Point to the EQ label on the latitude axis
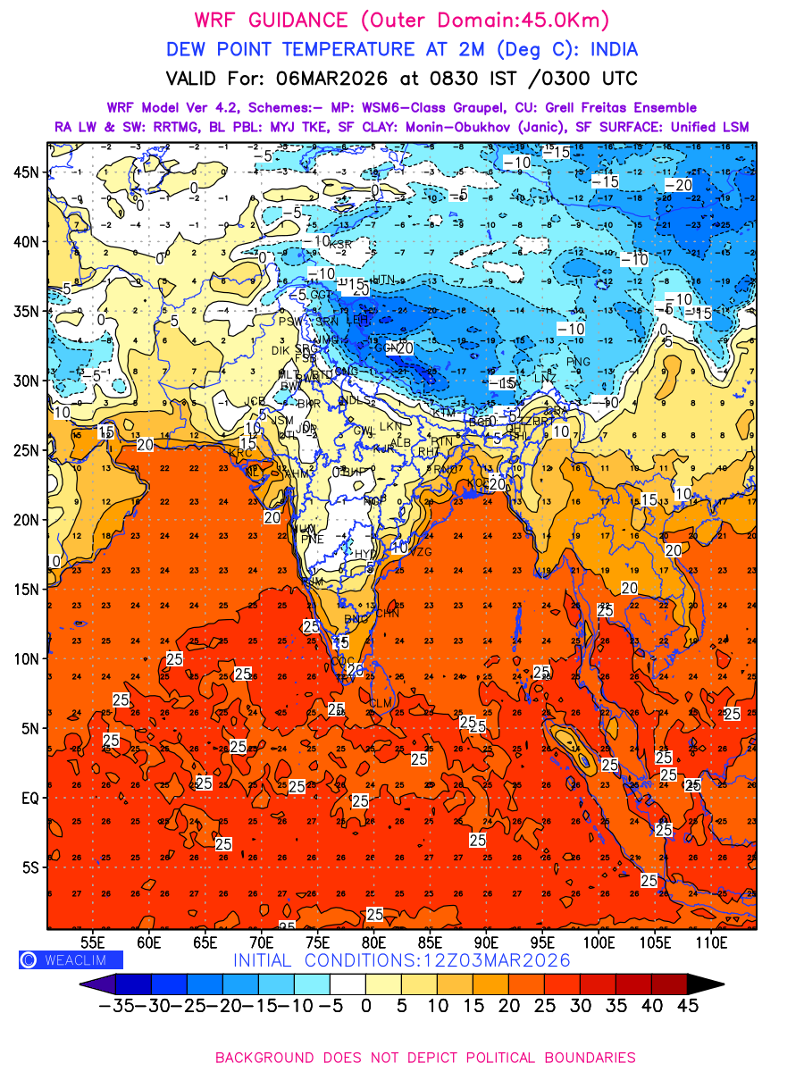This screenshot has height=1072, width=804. point(29,798)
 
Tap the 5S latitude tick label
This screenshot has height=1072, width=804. point(29,867)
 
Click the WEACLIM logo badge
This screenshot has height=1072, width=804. point(71,960)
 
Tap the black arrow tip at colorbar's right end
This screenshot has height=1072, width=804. point(705,984)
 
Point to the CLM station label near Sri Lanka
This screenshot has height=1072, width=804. point(381,704)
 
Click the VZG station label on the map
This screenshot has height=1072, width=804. point(419,552)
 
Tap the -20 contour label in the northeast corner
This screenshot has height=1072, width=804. point(679,185)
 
